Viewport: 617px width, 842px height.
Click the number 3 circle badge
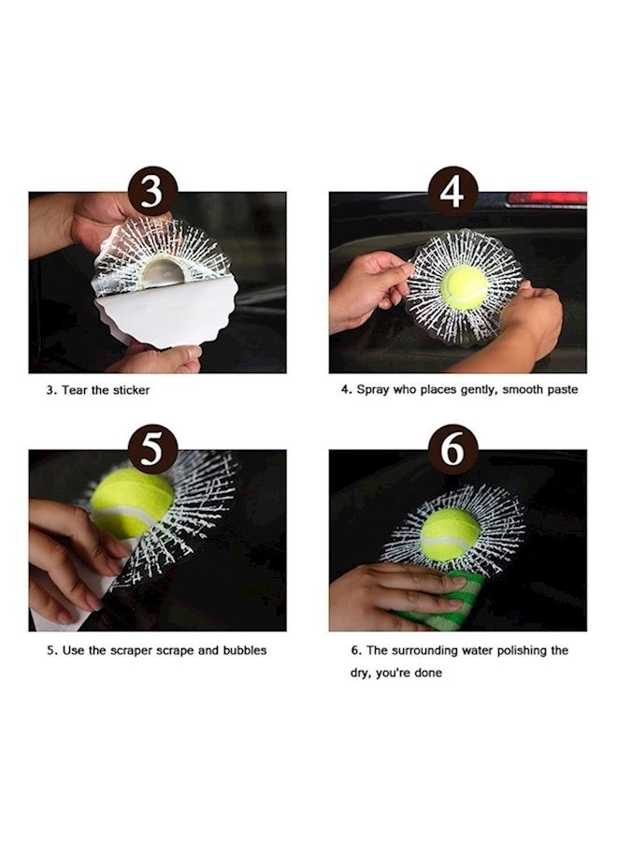pyautogui.click(x=152, y=192)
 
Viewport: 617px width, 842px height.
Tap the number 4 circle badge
pyautogui.click(x=452, y=192)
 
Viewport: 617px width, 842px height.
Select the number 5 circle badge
pyautogui.click(x=152, y=449)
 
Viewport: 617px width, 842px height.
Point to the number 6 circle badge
pyautogui.click(x=452, y=449)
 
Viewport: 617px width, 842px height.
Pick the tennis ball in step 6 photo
pyautogui.click(x=451, y=535)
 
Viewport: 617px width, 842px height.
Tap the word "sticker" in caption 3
pyautogui.click(x=131, y=390)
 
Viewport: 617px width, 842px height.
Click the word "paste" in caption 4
pyautogui.click(x=562, y=389)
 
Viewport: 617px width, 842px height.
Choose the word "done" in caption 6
pyautogui.click(x=427, y=673)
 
